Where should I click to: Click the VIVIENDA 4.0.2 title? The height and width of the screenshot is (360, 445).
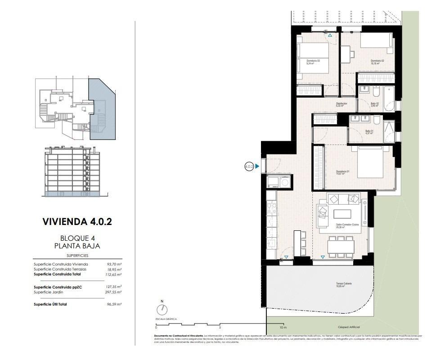pyautogui.click(x=77, y=221)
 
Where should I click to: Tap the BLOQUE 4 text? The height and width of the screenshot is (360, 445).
pyautogui.click(x=77, y=238)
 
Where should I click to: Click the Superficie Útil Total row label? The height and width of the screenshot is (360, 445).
pyautogui.click(x=50, y=304)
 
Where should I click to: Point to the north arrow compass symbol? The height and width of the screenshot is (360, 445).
pyautogui.click(x=162, y=310)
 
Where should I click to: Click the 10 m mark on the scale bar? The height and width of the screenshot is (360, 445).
pyautogui.click(x=283, y=327)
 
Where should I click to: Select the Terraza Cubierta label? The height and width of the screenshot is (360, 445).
pyautogui.click(x=343, y=283)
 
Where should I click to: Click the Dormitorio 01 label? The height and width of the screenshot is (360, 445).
pyautogui.click(x=343, y=171)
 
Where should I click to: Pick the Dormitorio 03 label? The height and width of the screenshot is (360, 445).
pyautogui.click(x=313, y=61)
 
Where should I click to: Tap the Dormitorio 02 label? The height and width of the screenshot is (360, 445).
pyautogui.click(x=377, y=61)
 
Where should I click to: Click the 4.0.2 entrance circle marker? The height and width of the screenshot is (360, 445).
pyautogui.click(x=249, y=166)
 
